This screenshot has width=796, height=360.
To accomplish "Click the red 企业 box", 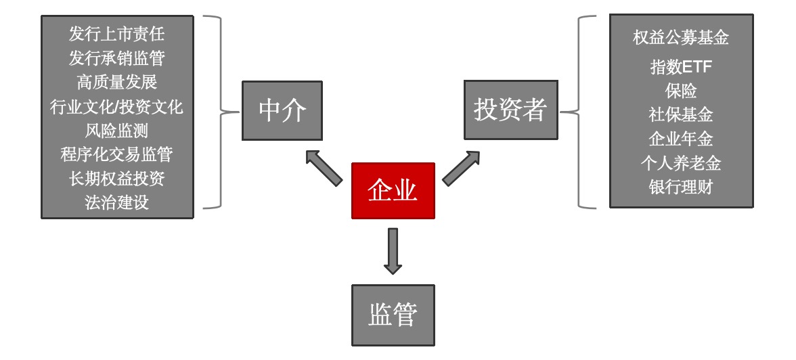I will pos(393,191).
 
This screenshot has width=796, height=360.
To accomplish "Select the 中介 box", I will pos(282,111).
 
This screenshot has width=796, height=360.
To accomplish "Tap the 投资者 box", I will pos(510,110).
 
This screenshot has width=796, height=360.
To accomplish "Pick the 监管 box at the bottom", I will pos(393,315).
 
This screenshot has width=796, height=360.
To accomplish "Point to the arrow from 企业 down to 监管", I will pos(393,251).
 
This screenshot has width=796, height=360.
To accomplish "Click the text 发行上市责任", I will pos(117,34).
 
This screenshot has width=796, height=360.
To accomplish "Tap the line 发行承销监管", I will pos(117,58).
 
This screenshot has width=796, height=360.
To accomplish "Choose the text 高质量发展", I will pos(117,83).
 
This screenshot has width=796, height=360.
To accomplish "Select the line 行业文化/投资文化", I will pos(117,107).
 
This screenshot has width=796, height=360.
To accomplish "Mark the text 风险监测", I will pos(117,131).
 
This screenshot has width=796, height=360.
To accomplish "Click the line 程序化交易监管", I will pos(117,155).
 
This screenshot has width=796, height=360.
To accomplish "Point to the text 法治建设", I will pos(117,202).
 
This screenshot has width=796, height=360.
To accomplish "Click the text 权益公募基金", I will pos(681,38).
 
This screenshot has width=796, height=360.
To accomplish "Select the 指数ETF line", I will pos(681,67).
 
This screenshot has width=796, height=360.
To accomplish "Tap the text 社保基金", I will pos(681,115).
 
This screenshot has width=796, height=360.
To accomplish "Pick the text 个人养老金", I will pos(681,163).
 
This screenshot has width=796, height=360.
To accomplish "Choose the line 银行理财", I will pos(681,187).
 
